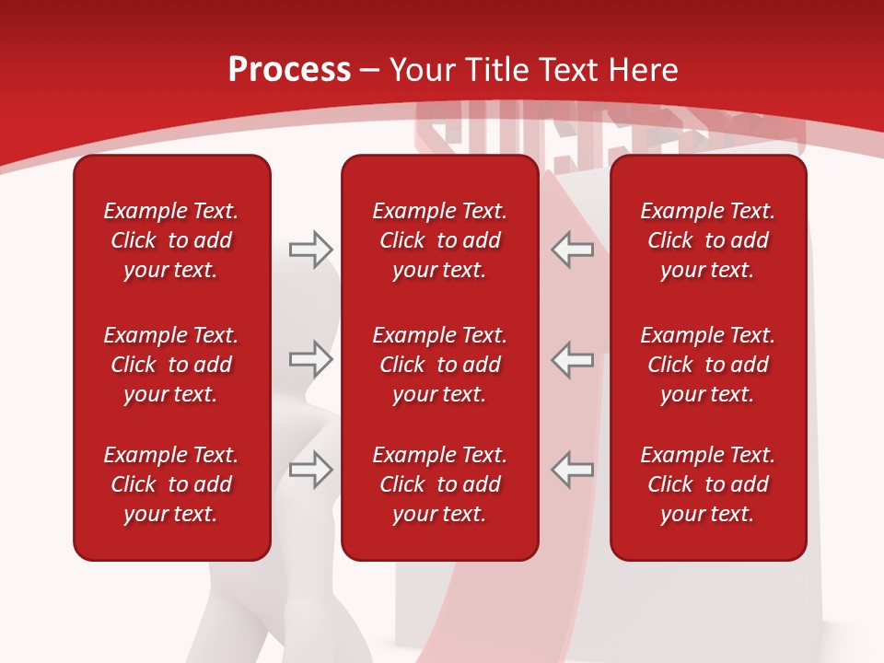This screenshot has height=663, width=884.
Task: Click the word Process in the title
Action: coord(289,70)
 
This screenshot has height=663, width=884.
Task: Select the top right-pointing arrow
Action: coord(310,249)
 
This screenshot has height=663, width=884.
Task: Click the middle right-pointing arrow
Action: coord(310,359)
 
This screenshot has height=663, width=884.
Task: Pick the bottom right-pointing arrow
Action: coord(310,470)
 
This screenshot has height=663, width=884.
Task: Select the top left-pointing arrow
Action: coord(573,249)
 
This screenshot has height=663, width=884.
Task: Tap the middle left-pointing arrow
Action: coord(573,359)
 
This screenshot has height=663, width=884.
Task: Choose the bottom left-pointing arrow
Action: coord(573,470)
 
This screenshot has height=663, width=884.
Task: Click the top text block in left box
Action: coord(171,240)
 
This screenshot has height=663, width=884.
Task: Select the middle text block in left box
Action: coord(171,365)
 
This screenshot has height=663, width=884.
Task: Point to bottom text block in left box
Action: coord(171,484)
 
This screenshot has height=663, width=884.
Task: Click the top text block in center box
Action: coord(440,240)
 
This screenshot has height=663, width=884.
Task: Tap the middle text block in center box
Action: coord(440,365)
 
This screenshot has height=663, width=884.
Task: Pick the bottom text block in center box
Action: coord(440,484)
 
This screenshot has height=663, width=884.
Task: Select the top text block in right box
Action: coord(708,240)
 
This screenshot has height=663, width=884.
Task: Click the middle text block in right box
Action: coord(708,365)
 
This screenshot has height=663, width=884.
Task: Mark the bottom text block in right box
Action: coord(708,484)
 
